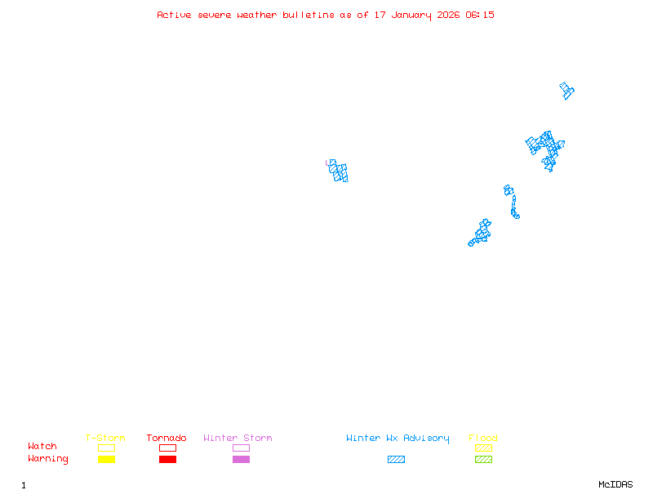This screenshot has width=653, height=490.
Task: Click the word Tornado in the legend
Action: click(x=167, y=439)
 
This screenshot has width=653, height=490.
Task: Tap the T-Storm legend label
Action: click(x=105, y=439)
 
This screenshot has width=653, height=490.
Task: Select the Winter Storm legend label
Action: click(x=238, y=439)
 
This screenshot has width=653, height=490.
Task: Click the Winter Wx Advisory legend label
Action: click(x=398, y=439)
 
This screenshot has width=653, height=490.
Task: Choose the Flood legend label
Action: click(x=483, y=439)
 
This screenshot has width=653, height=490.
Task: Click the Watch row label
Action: click(x=42, y=447)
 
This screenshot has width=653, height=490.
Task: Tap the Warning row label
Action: click(x=48, y=459)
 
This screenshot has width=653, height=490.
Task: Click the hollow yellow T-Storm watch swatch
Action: click(x=106, y=448)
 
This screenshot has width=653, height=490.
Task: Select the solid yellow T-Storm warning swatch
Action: click(x=106, y=460)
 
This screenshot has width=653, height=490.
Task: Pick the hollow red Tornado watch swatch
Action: click(x=167, y=448)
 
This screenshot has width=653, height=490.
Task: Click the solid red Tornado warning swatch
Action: click(x=167, y=460)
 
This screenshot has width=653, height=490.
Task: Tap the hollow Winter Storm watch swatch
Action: click(x=241, y=448)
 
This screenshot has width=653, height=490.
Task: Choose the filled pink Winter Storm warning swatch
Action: click(x=241, y=460)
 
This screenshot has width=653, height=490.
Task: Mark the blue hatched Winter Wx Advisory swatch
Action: click(x=396, y=460)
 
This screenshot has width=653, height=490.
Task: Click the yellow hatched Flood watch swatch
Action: click(x=483, y=448)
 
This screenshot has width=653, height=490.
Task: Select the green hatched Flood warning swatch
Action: click(x=483, y=460)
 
